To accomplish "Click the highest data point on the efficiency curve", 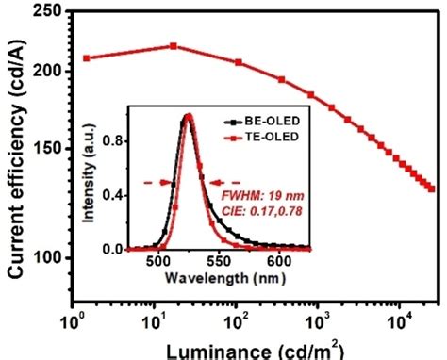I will [x=174, y=46].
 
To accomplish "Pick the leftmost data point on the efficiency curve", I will [x=86, y=58].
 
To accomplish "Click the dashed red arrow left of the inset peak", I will [x=155, y=183].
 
